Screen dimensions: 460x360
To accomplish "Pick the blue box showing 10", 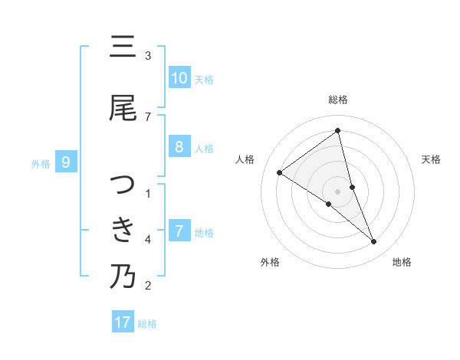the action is click(179, 78).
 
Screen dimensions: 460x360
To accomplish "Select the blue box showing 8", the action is click(179, 147).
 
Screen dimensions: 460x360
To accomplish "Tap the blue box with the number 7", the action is click(179, 231).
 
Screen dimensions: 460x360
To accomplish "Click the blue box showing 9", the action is click(66, 162).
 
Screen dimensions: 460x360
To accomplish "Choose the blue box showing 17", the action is click(123, 322).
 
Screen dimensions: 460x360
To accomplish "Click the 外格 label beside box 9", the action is click(41, 163).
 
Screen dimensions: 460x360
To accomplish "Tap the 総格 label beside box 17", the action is click(147, 323).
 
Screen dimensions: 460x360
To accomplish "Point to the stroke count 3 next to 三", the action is click(148, 55).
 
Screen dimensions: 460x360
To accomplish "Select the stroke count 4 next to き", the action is click(148, 240).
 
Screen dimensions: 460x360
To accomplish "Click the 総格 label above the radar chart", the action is click(338, 100).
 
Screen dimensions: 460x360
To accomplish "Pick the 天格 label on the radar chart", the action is click(432, 159).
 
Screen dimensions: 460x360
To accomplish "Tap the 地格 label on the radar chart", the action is click(402, 262).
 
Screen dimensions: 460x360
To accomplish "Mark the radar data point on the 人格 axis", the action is click(280, 172).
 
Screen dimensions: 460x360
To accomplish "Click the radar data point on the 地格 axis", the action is click(374, 242).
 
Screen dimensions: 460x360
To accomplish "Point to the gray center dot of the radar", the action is click(338, 191).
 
